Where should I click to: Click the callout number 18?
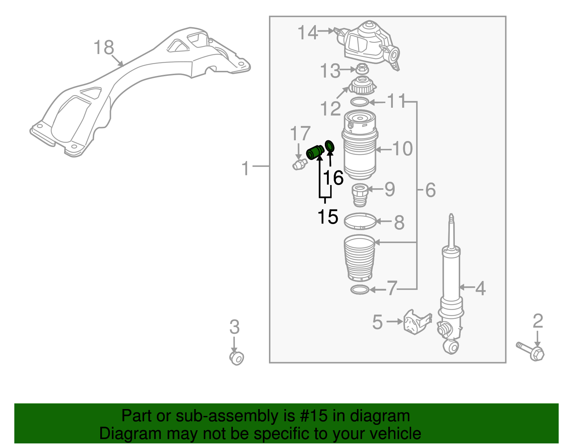click(103, 48)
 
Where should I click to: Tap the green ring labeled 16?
click(329, 146)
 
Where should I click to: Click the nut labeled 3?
click(236, 358)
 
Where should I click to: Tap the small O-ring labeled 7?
click(360, 290)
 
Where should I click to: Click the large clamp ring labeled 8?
click(360, 221)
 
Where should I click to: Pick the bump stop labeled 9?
click(360, 195)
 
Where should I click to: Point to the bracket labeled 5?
click(416, 322)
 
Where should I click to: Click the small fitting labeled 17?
click(299, 165)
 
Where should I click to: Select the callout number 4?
click(480, 288)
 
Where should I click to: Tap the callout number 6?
click(430, 190)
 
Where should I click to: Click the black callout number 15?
click(328, 217)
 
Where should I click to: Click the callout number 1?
click(245, 168)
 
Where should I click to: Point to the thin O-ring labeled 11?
click(360, 102)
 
